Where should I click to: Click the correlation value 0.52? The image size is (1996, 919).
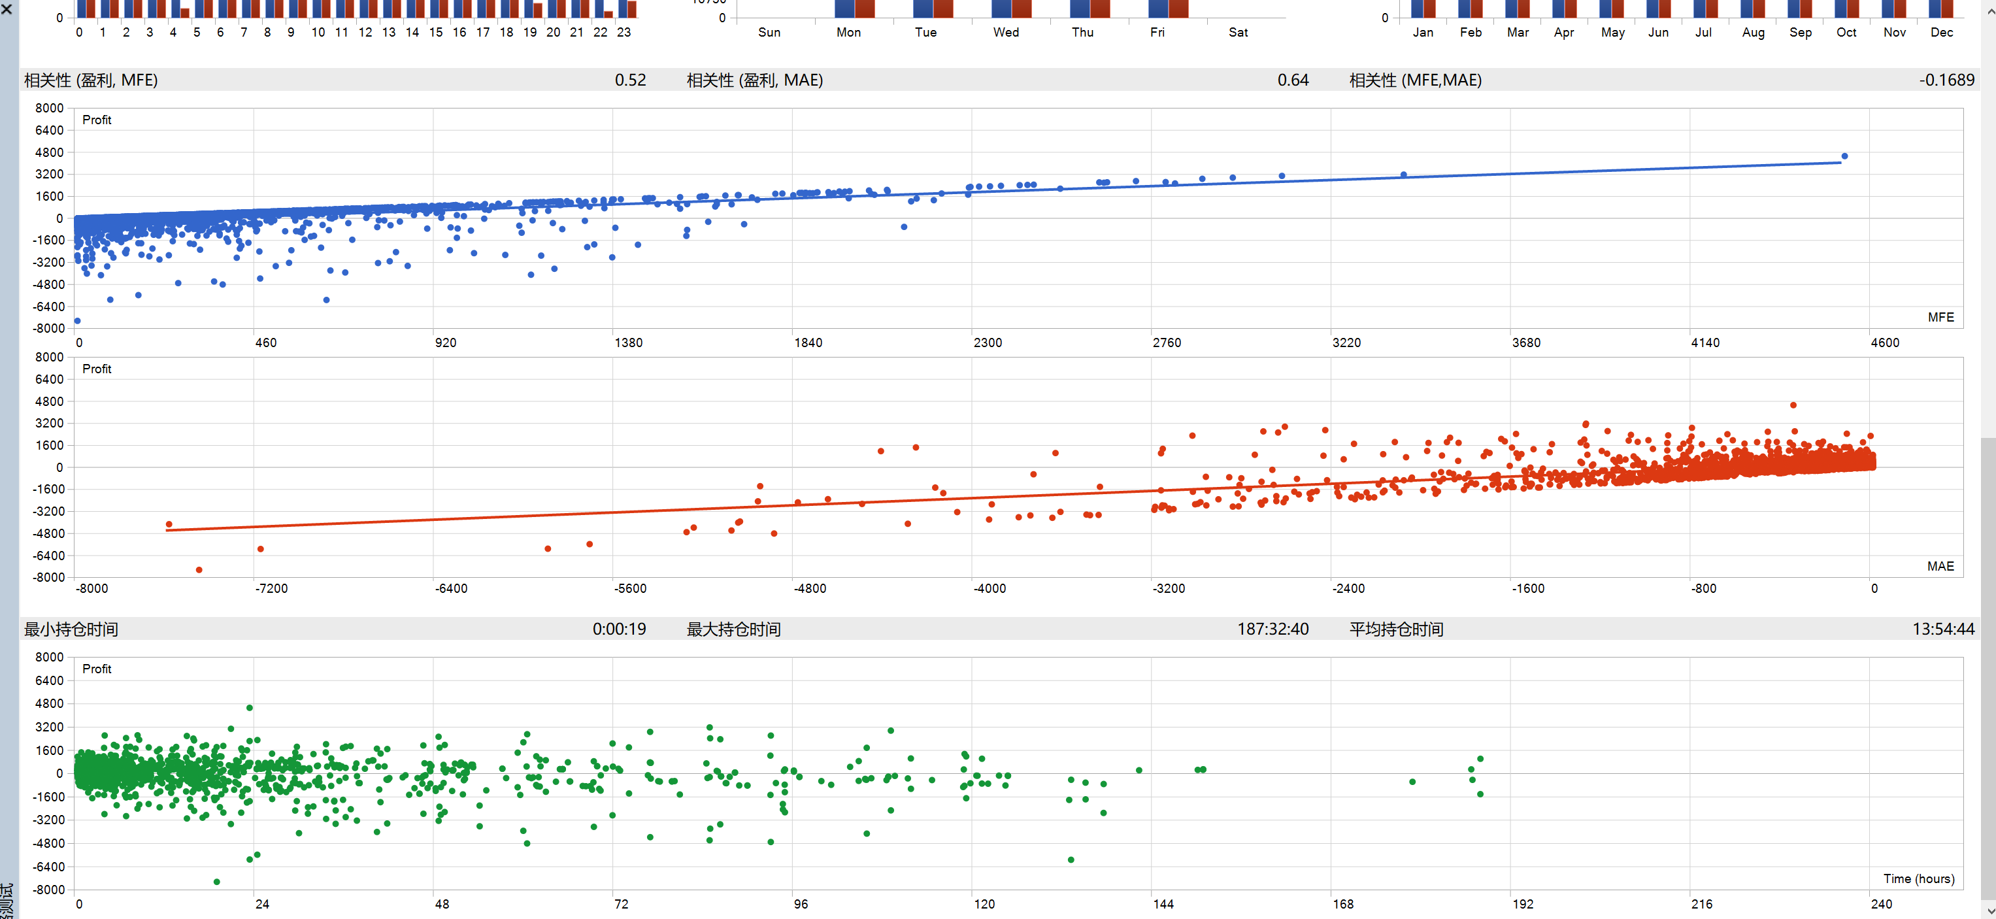click(630, 80)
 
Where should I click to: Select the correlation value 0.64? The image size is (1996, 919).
click(1293, 80)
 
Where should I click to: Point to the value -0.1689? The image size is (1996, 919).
click(1946, 80)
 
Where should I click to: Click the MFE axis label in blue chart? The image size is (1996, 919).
click(1940, 317)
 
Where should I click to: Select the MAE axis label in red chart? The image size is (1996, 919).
click(1940, 567)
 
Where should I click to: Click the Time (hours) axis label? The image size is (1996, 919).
click(1918, 878)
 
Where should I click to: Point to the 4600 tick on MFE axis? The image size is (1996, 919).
click(1884, 343)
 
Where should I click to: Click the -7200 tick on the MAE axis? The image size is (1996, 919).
click(271, 588)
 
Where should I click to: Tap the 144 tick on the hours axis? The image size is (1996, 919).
click(1163, 903)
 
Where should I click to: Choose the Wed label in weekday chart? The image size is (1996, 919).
click(1006, 32)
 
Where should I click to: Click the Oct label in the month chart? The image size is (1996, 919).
click(1846, 32)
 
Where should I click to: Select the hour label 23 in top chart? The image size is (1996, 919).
click(624, 32)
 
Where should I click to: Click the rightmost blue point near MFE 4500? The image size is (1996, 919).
click(1844, 156)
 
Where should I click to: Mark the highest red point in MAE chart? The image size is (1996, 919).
click(1793, 405)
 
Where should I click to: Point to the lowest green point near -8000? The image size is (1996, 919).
click(216, 882)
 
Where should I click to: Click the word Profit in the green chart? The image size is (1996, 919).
click(97, 669)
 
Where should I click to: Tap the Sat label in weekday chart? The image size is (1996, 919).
click(1237, 32)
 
